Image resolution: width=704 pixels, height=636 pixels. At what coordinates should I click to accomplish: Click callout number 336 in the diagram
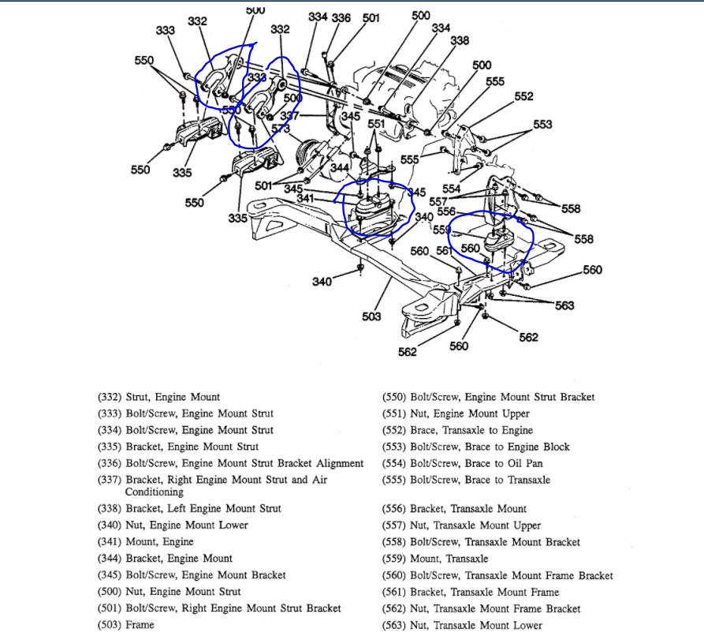[x=341, y=17]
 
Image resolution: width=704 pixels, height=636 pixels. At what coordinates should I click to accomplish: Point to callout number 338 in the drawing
[x=460, y=41]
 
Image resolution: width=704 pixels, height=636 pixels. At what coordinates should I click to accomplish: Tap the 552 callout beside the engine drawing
[x=523, y=97]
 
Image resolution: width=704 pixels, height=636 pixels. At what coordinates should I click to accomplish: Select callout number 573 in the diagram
[x=281, y=128]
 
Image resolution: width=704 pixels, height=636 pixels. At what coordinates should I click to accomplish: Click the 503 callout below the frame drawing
[x=371, y=316]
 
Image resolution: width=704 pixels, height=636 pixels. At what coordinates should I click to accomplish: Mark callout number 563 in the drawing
[x=564, y=305]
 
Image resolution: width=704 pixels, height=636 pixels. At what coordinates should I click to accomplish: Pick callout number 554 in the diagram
[x=451, y=189]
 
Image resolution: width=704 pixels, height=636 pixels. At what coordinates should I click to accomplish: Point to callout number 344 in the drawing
[x=340, y=167]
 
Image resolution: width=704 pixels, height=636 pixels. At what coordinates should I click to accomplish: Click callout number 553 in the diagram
[x=542, y=125]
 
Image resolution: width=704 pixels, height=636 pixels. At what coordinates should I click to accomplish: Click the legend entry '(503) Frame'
[x=125, y=625]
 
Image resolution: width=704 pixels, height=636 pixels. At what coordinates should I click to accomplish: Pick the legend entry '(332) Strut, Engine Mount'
[x=158, y=397]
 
